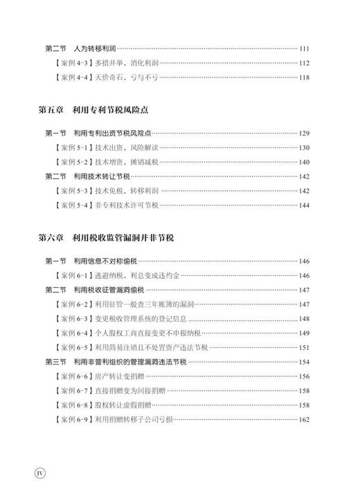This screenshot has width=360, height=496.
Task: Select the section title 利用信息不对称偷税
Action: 103,261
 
